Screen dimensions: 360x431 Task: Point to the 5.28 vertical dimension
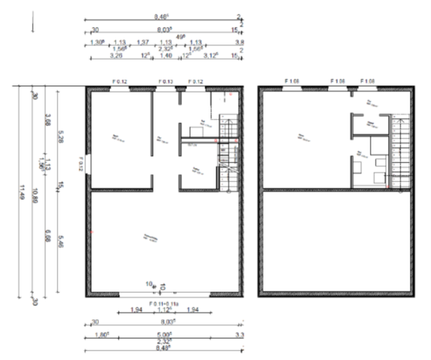coord(61,136)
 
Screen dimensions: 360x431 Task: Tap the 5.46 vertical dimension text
coord(61,243)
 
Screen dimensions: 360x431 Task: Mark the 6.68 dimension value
coord(47,236)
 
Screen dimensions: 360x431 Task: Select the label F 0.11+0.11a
coord(165,303)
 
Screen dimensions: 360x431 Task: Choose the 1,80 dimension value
coord(102,336)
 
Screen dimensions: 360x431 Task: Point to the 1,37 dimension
coord(143,42)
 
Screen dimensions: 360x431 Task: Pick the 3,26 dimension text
coord(115,55)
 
